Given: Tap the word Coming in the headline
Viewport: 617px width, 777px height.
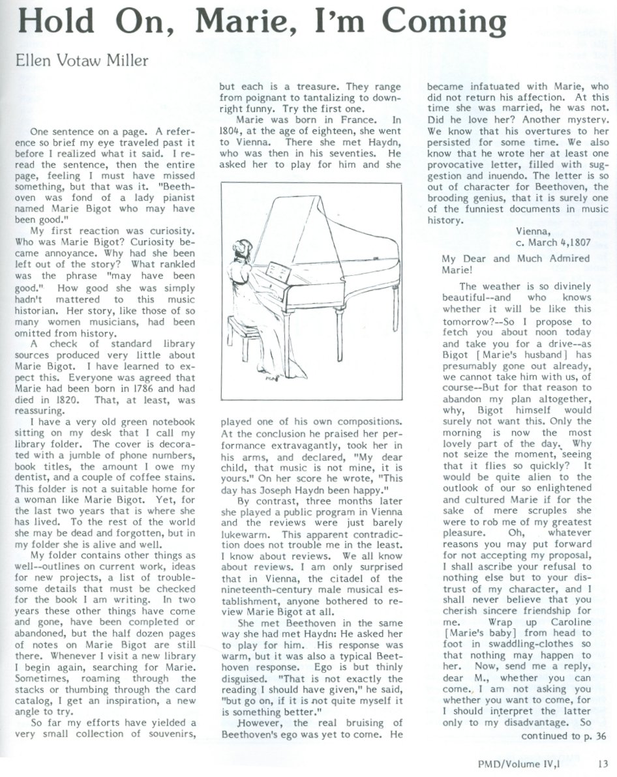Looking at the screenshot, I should tap(432, 26).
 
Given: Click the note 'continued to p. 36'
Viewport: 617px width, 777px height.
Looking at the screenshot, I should tap(565, 736).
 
